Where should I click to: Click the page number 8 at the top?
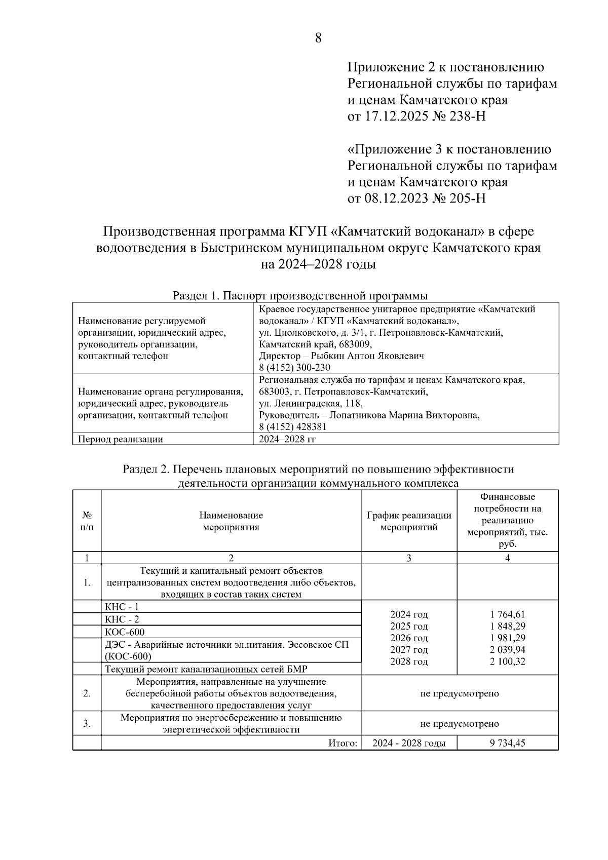(x=318, y=38)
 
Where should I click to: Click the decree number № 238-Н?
(x=459, y=116)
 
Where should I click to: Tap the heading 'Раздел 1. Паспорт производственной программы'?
(x=300, y=296)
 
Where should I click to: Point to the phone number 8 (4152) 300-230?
(x=294, y=368)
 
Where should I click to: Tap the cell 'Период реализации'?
(x=120, y=439)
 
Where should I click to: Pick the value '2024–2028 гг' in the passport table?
(x=287, y=439)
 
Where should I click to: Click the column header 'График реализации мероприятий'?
(x=409, y=521)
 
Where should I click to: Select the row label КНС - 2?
(x=122, y=619)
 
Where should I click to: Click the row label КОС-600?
(x=124, y=632)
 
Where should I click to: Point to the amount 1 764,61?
(x=507, y=614)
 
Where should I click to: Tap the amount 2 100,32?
(x=507, y=661)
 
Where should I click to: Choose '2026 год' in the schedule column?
(x=409, y=638)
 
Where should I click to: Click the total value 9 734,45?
(x=507, y=744)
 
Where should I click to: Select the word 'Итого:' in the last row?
(x=343, y=744)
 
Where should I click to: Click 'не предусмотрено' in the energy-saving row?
(x=459, y=724)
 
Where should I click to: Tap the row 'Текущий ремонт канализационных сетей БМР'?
(x=206, y=669)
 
